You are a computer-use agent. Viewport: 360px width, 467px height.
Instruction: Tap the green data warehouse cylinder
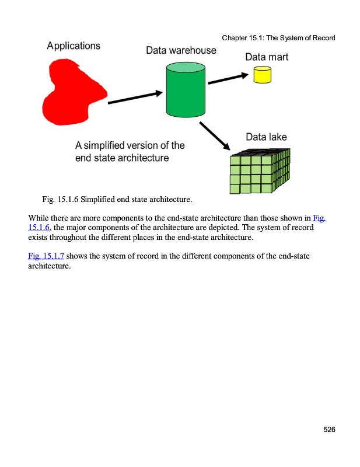[186, 93]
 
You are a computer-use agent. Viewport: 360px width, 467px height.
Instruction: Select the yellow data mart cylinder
[262, 75]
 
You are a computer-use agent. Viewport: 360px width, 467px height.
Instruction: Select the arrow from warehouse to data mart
[228, 78]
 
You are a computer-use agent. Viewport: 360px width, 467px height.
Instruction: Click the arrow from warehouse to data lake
[215, 137]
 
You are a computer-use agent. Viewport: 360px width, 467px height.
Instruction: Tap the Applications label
[74, 46]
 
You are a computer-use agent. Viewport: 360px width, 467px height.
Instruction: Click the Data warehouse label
[181, 50]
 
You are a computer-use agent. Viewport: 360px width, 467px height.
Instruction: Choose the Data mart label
[266, 57]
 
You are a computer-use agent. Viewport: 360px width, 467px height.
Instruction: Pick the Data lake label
[266, 137]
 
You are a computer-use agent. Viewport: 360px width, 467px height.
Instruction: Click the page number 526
[329, 430]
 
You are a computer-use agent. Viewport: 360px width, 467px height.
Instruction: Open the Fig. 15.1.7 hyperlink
[46, 256]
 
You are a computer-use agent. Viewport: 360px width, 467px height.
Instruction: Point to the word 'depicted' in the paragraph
[240, 227]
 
